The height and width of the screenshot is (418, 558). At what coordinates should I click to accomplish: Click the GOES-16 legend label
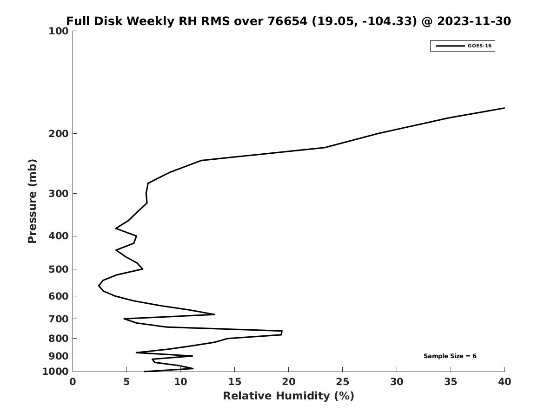pyautogui.click(x=479, y=46)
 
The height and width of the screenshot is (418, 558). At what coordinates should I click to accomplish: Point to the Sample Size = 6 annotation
pyautogui.click(x=450, y=356)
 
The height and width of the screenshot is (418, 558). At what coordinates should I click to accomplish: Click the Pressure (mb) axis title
pyautogui.click(x=32, y=201)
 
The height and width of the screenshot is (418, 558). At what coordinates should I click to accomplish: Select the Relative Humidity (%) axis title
pyautogui.click(x=288, y=396)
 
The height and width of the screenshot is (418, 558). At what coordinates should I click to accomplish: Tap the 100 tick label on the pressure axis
pyautogui.click(x=59, y=31)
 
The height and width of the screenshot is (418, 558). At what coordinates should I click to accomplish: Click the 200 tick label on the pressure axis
pyautogui.click(x=59, y=134)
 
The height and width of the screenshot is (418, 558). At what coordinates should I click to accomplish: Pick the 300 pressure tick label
pyautogui.click(x=59, y=194)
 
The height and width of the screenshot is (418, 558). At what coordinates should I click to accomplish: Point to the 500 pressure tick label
pyautogui.click(x=59, y=269)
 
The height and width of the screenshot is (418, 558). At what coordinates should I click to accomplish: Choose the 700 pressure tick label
pyautogui.click(x=59, y=319)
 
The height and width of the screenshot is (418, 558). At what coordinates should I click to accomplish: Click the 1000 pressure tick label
pyautogui.click(x=55, y=372)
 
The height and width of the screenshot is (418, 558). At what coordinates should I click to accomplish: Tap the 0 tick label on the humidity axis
pyautogui.click(x=73, y=382)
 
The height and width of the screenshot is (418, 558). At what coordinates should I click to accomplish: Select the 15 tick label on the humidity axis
pyautogui.click(x=234, y=382)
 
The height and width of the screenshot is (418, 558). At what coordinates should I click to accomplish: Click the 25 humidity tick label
pyautogui.click(x=342, y=382)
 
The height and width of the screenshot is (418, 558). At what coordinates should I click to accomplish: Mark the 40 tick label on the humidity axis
pyautogui.click(x=505, y=382)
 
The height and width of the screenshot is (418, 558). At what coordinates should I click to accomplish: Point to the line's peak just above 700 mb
pyautogui.click(x=214, y=314)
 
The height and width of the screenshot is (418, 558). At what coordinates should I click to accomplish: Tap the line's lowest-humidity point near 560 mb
pyautogui.click(x=99, y=285)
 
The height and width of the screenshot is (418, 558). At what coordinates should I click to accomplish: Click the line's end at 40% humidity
pyautogui.click(x=504, y=108)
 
